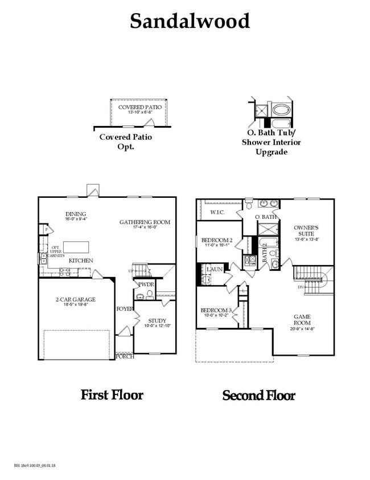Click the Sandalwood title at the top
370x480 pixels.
click(x=190, y=21)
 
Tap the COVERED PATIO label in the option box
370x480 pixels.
click(x=139, y=107)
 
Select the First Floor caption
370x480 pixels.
click(x=112, y=394)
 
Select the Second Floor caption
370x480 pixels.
click(x=259, y=395)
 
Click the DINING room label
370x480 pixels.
click(x=75, y=214)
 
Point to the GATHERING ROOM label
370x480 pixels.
click(x=145, y=222)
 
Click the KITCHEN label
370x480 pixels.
click(x=81, y=261)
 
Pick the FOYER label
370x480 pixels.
click(x=125, y=309)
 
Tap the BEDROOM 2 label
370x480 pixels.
click(x=217, y=240)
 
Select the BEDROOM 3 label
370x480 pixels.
click(x=216, y=310)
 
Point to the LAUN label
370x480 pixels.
click(x=215, y=269)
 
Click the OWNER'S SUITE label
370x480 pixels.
click(x=308, y=230)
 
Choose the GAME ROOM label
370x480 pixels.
click(x=302, y=319)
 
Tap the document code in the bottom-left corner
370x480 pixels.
click(x=36, y=466)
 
